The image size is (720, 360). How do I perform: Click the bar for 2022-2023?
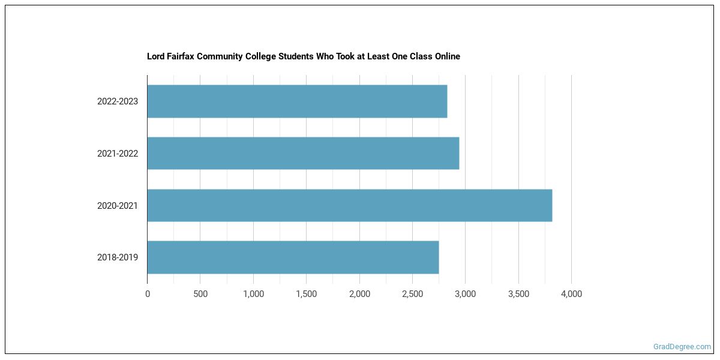[x=297, y=101]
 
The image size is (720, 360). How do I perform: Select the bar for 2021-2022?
[x=303, y=154]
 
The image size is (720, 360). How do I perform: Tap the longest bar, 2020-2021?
[x=349, y=206]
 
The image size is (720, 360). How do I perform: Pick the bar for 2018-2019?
[x=293, y=257]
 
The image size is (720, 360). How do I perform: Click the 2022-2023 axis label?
[x=118, y=101]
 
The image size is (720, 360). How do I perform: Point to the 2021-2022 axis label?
[x=118, y=154]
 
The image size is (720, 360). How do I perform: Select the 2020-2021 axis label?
[x=118, y=206]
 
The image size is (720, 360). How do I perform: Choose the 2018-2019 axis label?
[x=118, y=257]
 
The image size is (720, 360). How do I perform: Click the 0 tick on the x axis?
[x=148, y=294]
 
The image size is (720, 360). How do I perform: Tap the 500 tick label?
[x=200, y=294]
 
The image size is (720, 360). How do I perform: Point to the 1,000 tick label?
[x=253, y=294]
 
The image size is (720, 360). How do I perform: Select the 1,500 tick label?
[x=306, y=294]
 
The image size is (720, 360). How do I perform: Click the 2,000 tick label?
[x=359, y=294]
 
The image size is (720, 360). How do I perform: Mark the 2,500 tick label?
[x=412, y=294]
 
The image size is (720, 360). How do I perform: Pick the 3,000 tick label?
[x=465, y=294]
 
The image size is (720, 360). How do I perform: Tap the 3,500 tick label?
[x=518, y=294]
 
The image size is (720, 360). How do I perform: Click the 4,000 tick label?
[x=571, y=294]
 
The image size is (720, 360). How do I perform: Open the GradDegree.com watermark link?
[x=682, y=347]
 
